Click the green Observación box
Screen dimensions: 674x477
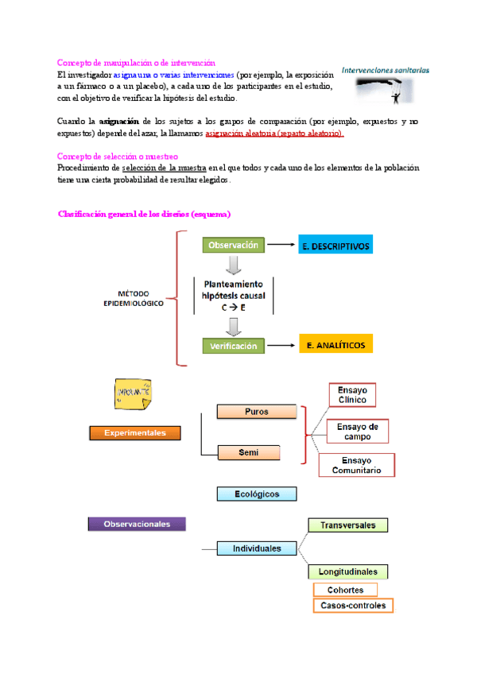(x=233, y=246)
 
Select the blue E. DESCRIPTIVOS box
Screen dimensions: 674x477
(x=335, y=246)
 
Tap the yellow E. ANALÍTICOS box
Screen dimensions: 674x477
(x=335, y=345)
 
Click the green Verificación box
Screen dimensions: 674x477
(x=233, y=346)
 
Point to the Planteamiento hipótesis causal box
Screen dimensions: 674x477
(x=234, y=296)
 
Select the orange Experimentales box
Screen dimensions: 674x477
(x=134, y=433)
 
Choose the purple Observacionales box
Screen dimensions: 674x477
(x=135, y=524)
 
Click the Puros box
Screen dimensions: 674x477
(x=257, y=412)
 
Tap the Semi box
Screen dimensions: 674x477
(x=249, y=452)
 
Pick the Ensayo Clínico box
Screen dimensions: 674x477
(x=352, y=395)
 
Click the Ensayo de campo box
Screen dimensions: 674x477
(x=357, y=432)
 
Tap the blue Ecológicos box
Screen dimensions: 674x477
(x=256, y=494)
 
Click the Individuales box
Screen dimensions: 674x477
(x=256, y=548)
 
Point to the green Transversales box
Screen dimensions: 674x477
(x=347, y=525)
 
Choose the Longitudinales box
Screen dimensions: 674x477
(x=347, y=571)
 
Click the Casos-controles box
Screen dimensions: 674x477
(x=352, y=606)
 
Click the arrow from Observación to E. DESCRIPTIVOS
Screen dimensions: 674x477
(x=281, y=246)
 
